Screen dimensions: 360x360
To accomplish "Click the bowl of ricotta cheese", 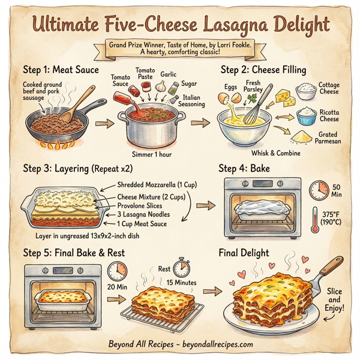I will [x=307, y=115].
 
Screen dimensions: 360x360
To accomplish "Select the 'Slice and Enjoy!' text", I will [x=334, y=299].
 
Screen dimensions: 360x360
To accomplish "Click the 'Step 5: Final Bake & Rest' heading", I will [x=73, y=253].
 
